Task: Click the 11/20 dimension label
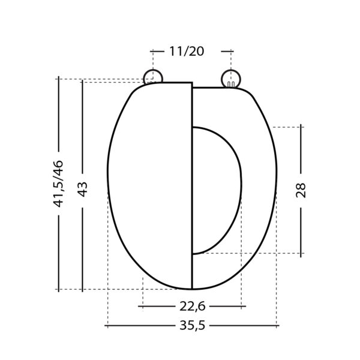(187, 51)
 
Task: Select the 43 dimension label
(83, 189)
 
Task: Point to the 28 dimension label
(301, 190)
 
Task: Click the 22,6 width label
(192, 306)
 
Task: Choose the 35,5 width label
(192, 326)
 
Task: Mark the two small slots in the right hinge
(231, 85)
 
